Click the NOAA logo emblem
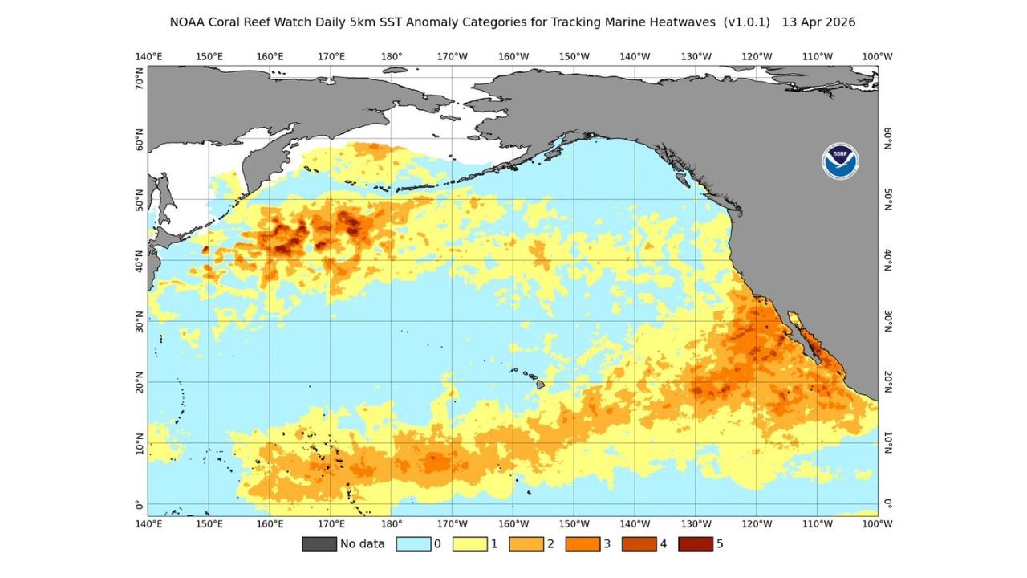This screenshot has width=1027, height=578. [x=840, y=161]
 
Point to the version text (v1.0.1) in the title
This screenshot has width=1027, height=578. [x=746, y=22]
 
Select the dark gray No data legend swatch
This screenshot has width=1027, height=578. [x=319, y=543]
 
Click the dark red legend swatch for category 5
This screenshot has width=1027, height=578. [x=695, y=543]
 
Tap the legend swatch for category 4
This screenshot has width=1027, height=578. [x=639, y=543]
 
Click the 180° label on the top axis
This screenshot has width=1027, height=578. [x=392, y=56]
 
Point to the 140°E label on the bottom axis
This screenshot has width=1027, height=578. [x=148, y=523]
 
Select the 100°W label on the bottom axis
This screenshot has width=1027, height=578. [x=877, y=523]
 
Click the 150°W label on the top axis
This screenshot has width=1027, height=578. [x=574, y=56]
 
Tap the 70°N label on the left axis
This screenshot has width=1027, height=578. [x=140, y=78]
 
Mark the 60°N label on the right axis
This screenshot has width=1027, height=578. [x=888, y=138]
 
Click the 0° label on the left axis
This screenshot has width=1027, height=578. [x=140, y=505]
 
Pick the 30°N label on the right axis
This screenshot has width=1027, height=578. [x=888, y=321]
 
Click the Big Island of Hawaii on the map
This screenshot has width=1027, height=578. [x=542, y=385]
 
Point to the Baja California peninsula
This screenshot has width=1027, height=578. [x=806, y=337]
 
